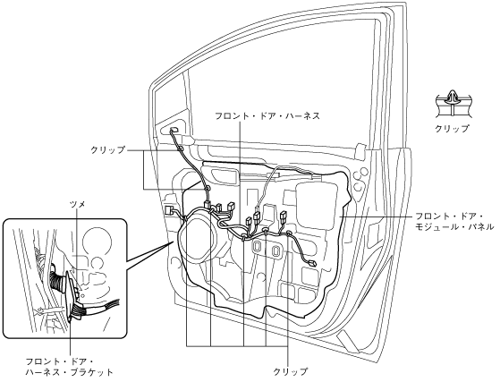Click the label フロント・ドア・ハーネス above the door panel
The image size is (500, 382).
coord(267,115)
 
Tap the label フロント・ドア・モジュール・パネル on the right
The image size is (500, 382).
coord(454,222)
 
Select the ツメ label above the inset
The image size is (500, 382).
coord(78,204)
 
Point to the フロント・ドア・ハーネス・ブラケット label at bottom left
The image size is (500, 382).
coord(69,367)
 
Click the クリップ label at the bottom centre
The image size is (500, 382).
coord(291,371)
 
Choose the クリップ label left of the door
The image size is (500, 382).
coord(107,150)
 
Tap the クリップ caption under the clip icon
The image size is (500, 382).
coord(453,129)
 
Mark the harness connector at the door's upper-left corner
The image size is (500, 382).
coord(174,130)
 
